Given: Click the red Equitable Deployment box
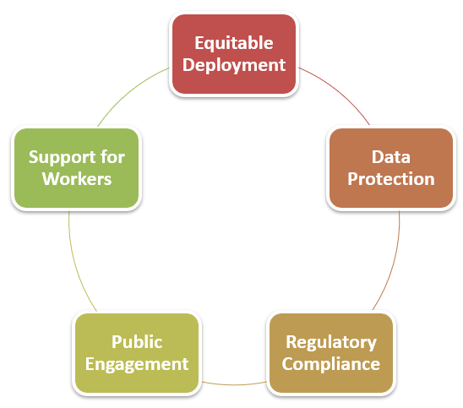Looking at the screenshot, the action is [234, 54].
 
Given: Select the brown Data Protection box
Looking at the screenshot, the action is [391, 168].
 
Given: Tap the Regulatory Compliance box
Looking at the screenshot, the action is [331, 353].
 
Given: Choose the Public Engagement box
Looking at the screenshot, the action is [137, 353].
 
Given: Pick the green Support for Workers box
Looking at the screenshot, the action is [76, 168].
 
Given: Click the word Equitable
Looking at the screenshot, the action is [234, 44].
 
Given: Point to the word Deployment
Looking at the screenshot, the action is [234, 66].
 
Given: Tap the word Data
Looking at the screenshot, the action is [391, 157].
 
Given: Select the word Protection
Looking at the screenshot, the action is [391, 179].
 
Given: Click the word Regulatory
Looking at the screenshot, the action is [331, 343].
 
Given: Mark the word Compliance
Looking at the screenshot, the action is [331, 365].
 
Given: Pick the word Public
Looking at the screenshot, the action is [137, 342].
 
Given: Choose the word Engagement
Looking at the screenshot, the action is [137, 365].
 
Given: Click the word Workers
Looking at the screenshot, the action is [77, 179].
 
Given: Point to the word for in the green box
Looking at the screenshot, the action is [112, 157].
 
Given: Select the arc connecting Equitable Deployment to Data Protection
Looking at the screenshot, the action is [338, 91].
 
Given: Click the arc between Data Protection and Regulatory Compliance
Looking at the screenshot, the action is [393, 263].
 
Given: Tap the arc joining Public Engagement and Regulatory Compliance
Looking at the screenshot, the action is [234, 384].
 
